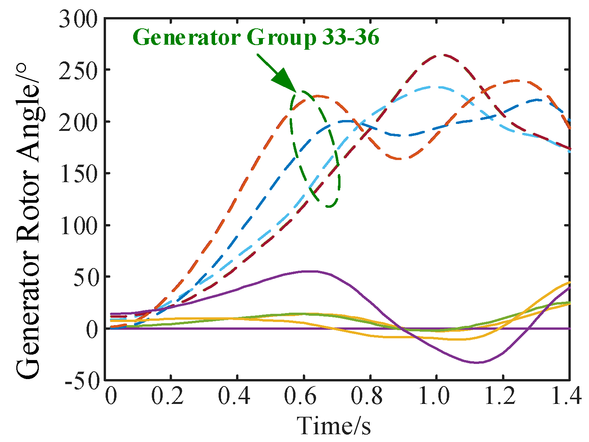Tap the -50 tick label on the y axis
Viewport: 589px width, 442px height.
click(x=82, y=381)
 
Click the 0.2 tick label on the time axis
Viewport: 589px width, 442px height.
click(x=167, y=397)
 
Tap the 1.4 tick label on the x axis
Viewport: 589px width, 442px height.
click(x=567, y=397)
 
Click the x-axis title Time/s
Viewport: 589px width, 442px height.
click(x=334, y=426)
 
